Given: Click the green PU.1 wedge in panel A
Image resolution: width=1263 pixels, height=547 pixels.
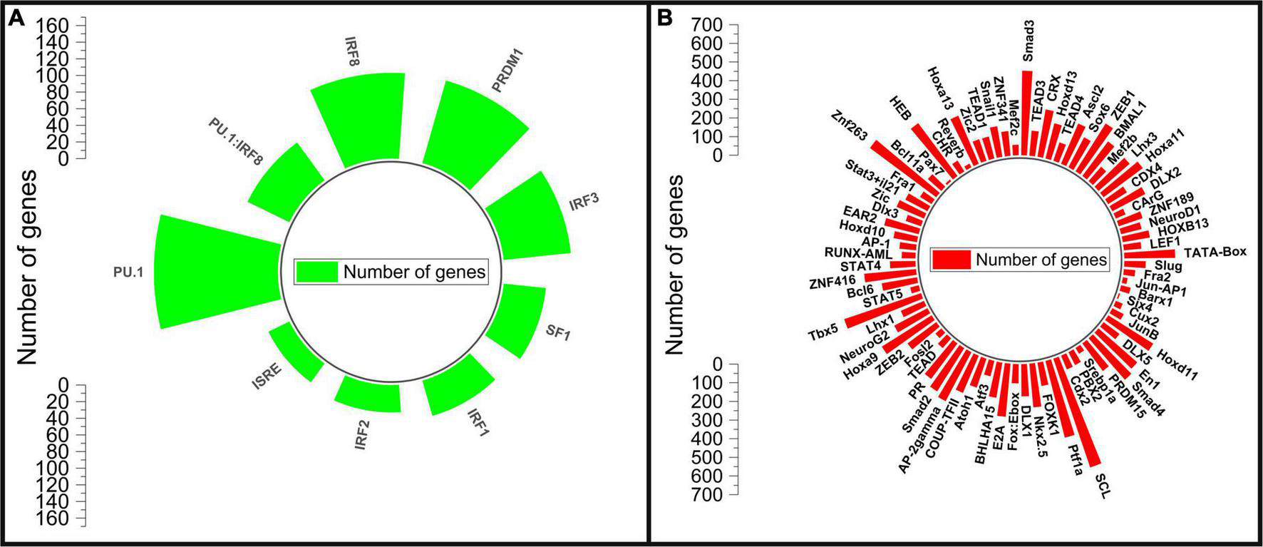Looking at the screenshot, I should click(x=214, y=271).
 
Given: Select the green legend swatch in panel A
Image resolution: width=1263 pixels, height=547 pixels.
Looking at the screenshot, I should click(x=318, y=272).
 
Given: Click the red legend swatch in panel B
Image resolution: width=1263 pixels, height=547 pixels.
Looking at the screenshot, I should click(x=951, y=260).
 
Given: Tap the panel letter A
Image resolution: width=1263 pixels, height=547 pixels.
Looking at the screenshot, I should click(x=16, y=19).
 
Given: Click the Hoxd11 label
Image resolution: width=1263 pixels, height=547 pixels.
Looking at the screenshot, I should click(x=1177, y=362).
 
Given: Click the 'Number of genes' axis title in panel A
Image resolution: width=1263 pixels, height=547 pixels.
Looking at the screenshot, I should click(x=27, y=271).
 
